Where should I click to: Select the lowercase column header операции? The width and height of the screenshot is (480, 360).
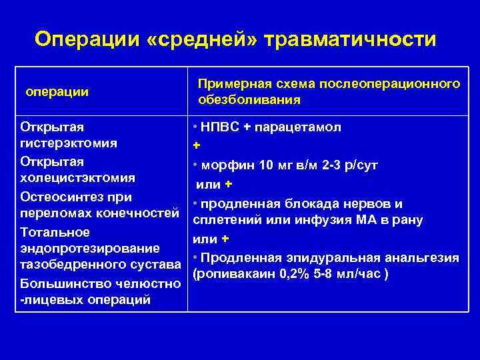point(57,91)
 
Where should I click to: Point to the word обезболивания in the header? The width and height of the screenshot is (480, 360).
point(249,100)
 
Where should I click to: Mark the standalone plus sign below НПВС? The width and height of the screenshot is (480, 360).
point(196,146)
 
